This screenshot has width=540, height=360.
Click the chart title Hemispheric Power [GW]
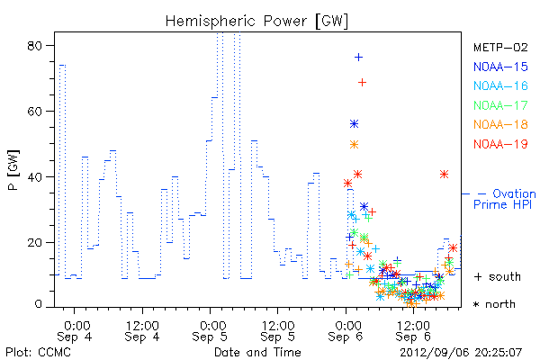[x=256, y=22]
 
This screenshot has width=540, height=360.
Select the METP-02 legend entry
[x=500, y=47]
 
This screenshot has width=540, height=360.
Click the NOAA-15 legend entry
[x=500, y=67]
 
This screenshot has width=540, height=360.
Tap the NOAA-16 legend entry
[x=500, y=85]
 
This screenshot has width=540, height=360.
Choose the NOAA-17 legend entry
[x=500, y=105]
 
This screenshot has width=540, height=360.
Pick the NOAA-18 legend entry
[x=500, y=124]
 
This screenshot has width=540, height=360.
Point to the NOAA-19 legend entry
[x=500, y=144]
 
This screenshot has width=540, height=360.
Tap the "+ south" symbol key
[x=498, y=276]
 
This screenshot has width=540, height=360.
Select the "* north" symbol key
[x=494, y=304]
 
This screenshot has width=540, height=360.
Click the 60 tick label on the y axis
[x=35, y=112]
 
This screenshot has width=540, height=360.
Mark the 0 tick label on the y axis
[x=39, y=304]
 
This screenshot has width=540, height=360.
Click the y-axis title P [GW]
[x=13, y=170]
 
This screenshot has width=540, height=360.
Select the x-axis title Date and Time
[x=257, y=352]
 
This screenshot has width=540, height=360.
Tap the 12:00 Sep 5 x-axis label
[x=278, y=331]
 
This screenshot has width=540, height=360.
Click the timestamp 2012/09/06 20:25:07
[x=461, y=353]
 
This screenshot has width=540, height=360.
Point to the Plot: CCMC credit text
[x=38, y=352]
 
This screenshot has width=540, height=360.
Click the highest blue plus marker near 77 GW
[x=358, y=58]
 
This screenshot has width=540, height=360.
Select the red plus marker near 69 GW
[x=362, y=82]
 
